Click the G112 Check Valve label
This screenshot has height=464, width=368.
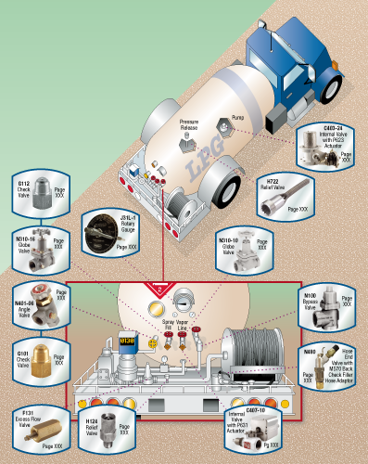pos(25,188)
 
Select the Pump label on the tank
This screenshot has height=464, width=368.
pos(237,120)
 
